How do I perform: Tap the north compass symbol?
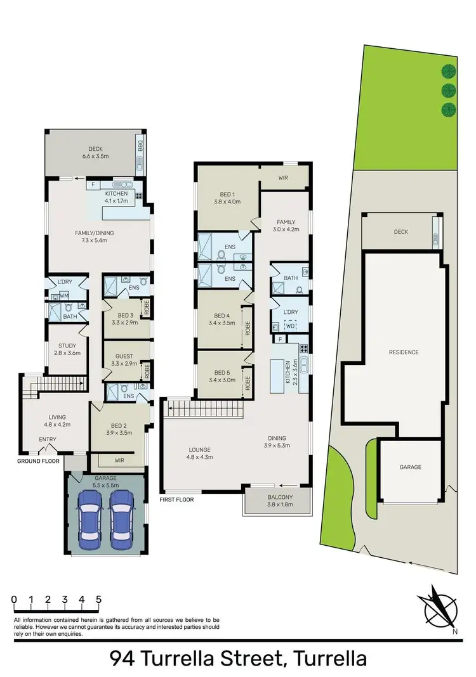[x=438, y=606]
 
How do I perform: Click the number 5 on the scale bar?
[x=98, y=598]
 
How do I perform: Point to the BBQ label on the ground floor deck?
[x=139, y=149]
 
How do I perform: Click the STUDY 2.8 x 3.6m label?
[x=67, y=349]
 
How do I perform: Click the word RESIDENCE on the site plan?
[x=404, y=352]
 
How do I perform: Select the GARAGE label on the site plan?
[x=410, y=467]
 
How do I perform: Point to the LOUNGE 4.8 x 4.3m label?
[x=200, y=453]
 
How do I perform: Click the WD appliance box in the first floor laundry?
[x=290, y=325]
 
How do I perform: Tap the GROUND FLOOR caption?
[x=38, y=461]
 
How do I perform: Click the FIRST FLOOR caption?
[x=177, y=500]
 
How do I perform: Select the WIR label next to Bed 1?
[x=283, y=178]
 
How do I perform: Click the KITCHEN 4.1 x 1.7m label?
[x=116, y=197]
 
